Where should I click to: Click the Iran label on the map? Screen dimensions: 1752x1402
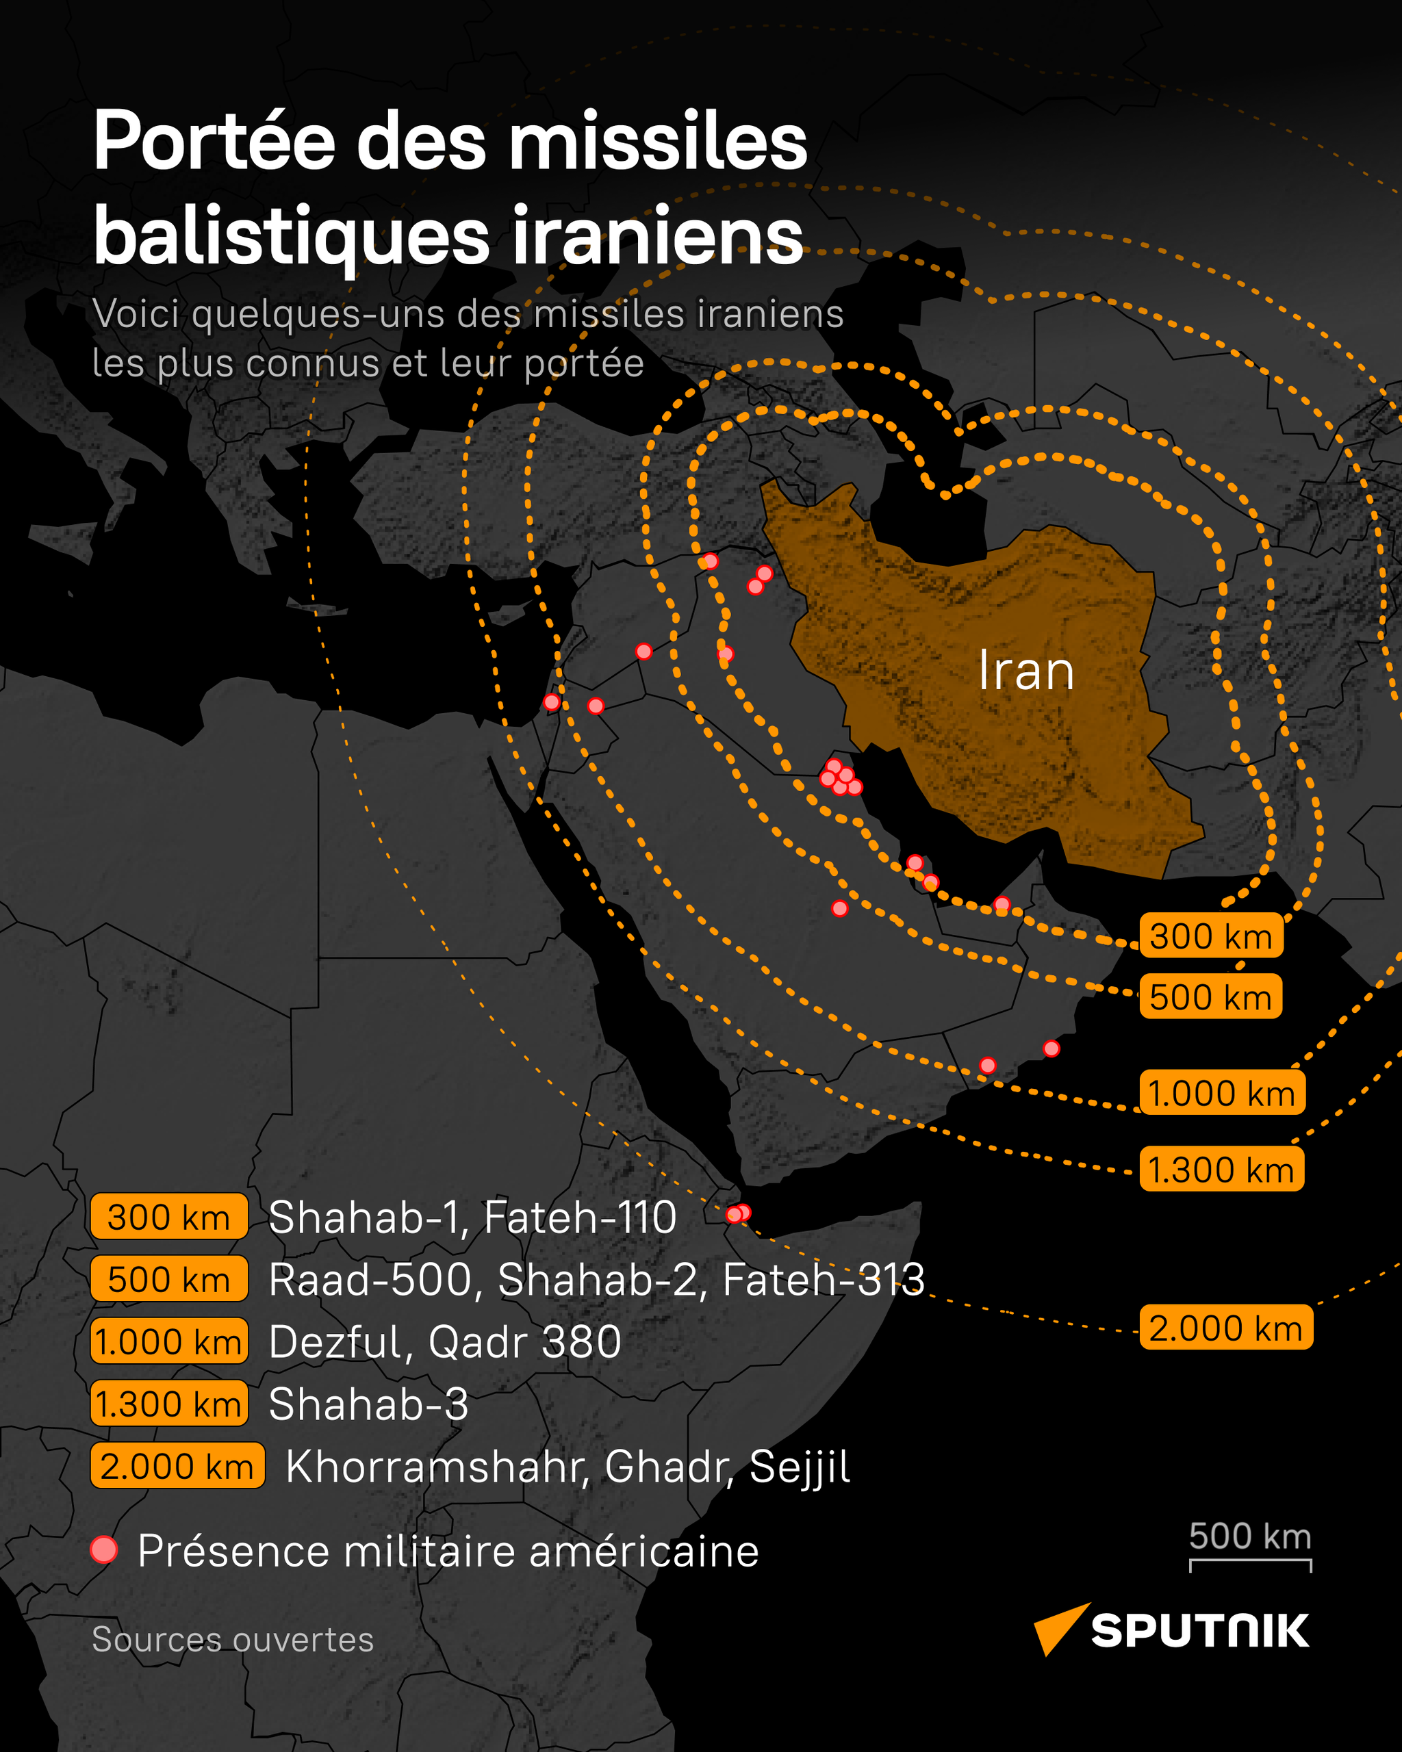[x=1025, y=671]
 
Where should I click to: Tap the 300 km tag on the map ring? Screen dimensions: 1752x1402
[x=1211, y=936]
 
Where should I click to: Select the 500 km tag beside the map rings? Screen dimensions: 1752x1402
[x=1210, y=997]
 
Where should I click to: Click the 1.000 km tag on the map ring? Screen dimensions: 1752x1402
[x=1221, y=1093]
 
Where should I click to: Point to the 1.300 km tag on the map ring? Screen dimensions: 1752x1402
[x=1221, y=1170]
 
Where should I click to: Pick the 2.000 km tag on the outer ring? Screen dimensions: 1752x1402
[x=1225, y=1328]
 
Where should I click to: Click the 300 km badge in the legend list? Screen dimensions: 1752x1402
[x=169, y=1218]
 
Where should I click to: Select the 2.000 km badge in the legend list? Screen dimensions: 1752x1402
[x=177, y=1467]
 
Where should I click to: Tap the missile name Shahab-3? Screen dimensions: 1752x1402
[x=368, y=1404]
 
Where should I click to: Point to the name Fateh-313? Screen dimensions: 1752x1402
[x=824, y=1280]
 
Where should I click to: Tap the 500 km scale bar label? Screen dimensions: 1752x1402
[x=1250, y=1536]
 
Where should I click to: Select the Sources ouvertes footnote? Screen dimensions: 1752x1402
[x=233, y=1639]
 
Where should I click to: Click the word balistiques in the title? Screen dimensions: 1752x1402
[x=291, y=235]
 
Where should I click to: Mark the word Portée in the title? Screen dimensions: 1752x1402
[x=214, y=142]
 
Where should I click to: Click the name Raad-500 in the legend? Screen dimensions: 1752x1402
[x=370, y=1280]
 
